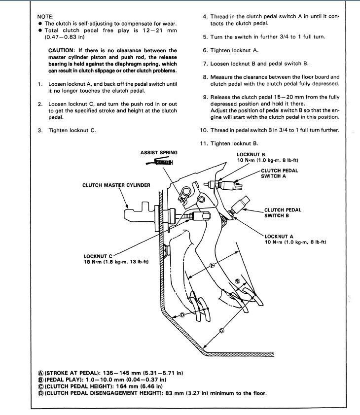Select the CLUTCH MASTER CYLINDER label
[116, 185]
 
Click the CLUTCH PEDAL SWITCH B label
[283, 212]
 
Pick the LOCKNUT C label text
[98, 256]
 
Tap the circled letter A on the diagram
[213, 265]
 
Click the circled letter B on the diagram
[238, 280]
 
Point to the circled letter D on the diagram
[181, 314]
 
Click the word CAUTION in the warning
[62, 50]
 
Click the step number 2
[40, 104]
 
